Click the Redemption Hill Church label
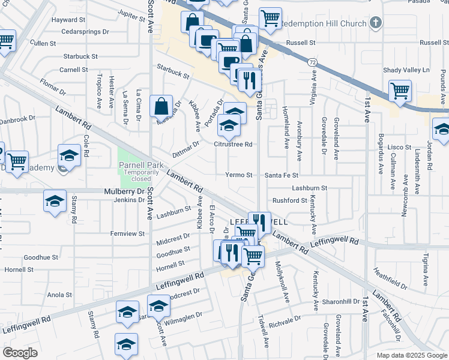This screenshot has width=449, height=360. point(324,23)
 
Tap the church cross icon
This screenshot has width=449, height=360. point(376,23)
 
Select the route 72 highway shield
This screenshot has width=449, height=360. point(312,62)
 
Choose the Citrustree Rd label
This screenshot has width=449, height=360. point(233,145)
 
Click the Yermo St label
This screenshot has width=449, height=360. point(238,175)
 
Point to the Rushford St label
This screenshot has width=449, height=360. point(290,200)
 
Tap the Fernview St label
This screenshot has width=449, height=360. point(127,233)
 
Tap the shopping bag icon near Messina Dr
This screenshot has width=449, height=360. point(161,107)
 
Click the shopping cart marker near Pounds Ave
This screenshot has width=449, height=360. point(400,91)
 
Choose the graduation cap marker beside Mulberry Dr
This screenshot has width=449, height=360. point(55,201)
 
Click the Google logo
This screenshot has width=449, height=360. point(20,352)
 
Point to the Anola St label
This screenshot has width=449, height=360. point(59,295)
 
